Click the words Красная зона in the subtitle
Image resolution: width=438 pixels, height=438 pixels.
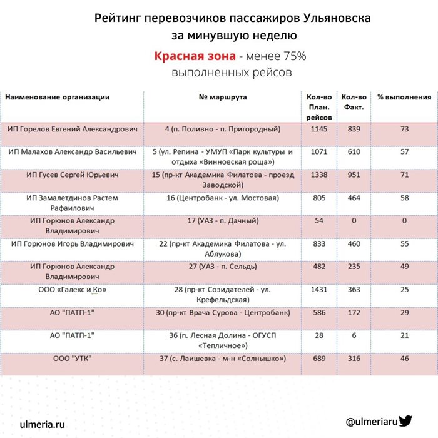click(195, 56)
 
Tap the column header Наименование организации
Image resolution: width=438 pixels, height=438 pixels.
click(58, 98)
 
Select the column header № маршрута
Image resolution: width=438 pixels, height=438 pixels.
click(223, 98)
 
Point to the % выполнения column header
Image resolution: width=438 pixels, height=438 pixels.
click(404, 98)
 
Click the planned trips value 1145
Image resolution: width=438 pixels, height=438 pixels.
click(319, 129)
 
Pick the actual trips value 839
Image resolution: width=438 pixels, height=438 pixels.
click(354, 129)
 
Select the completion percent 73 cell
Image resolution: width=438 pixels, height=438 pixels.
click(404, 129)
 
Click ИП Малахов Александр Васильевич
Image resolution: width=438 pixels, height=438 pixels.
click(73, 152)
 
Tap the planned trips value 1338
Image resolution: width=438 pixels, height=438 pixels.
click(319, 175)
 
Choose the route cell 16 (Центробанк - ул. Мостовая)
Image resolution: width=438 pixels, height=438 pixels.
click(223, 198)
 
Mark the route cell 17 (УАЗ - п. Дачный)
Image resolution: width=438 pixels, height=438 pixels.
click(223, 221)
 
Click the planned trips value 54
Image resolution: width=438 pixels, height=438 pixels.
click(319, 221)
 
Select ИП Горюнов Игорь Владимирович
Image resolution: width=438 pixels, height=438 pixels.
click(73, 243)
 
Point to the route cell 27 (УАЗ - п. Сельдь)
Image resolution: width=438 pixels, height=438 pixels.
click(223, 267)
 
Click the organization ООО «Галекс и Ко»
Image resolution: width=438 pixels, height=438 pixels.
click(73, 290)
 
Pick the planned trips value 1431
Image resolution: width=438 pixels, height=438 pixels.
click(319, 290)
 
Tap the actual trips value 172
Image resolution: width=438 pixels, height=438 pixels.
click(354, 312)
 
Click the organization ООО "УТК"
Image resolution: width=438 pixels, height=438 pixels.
click(73, 359)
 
